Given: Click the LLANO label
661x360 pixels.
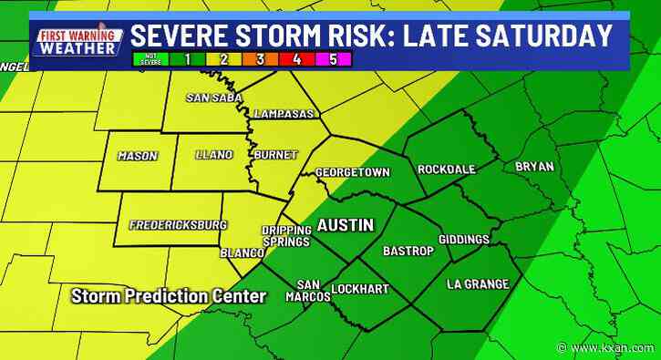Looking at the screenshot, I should coord(214,154).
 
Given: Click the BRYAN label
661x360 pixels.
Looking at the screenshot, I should coord(534,166).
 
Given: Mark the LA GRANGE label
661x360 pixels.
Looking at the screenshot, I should coord(477,284).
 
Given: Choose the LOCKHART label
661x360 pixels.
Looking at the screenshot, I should coord(359,289).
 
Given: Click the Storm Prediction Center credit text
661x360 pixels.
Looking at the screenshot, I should coord(169,296).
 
